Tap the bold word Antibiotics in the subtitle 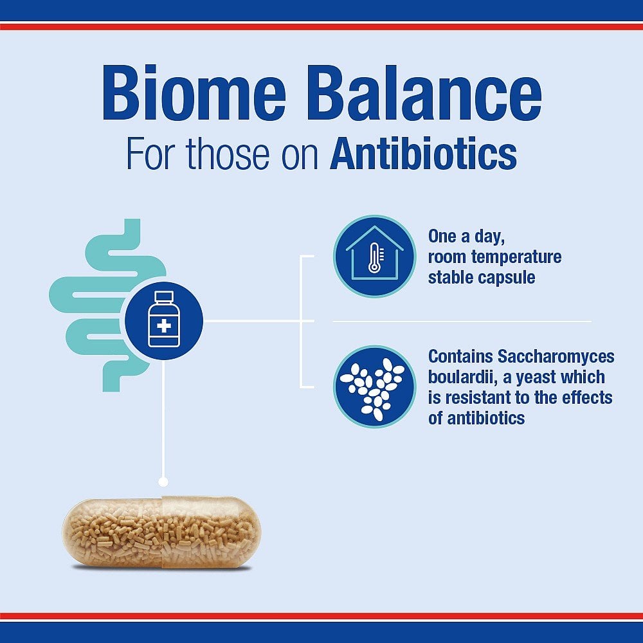tap(423, 154)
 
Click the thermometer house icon tap(374, 257)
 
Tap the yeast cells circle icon tap(374, 387)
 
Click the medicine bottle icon tap(164, 320)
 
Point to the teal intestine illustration tap(96, 302)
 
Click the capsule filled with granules tap(161, 531)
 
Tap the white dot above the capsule tap(163, 481)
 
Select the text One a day tap(467, 237)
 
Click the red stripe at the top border tap(321, 26)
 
